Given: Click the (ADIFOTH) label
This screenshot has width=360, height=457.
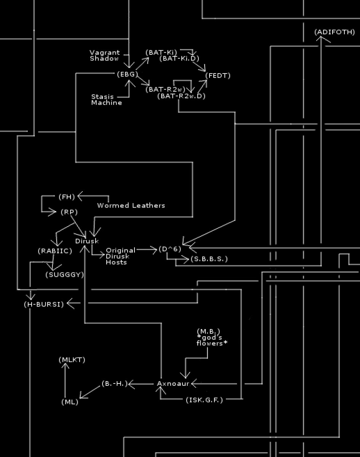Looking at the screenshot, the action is [x=334, y=32].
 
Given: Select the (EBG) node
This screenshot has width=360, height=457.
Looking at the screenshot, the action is [x=127, y=74].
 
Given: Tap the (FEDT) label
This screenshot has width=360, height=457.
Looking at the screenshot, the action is [x=218, y=76].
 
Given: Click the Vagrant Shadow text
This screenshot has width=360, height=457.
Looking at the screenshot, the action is [x=104, y=56].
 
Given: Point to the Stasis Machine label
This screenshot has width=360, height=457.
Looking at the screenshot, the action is [x=106, y=100].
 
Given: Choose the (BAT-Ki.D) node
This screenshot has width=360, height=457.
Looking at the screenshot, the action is [x=179, y=59].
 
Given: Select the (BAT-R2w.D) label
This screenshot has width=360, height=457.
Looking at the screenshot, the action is [x=181, y=96].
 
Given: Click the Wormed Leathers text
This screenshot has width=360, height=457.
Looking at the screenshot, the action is [x=131, y=206].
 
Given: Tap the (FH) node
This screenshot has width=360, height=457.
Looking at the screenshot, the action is [x=67, y=197].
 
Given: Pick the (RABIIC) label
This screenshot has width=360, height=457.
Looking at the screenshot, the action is [x=55, y=251].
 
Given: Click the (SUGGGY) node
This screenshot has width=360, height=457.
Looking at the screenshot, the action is [x=65, y=275].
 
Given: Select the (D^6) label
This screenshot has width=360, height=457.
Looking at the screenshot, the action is [x=170, y=249].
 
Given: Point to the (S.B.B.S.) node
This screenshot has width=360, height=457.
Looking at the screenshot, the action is [x=209, y=259].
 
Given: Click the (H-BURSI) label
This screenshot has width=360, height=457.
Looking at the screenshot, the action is [x=44, y=304].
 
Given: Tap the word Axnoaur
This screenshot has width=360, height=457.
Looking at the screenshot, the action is [x=173, y=384].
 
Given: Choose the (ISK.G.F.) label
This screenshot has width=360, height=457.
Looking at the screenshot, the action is [x=204, y=400].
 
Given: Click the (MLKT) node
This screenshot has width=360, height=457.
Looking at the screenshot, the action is [x=72, y=360].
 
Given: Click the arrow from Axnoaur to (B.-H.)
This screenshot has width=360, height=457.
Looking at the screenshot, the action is [x=141, y=384].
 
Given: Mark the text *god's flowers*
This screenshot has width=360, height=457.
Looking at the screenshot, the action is [x=212, y=340].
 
